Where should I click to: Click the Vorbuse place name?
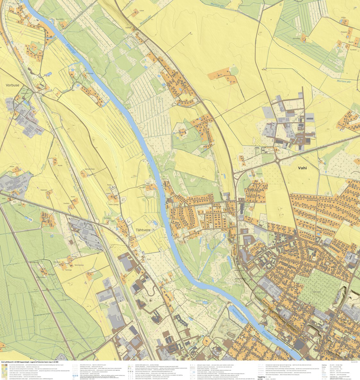coord(13,85)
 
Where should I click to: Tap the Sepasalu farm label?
coord(44,190)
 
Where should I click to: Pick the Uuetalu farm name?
coord(66,203)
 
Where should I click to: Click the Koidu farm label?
coord(73,197)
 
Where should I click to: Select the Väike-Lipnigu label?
coord(113,204)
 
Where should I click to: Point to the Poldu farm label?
coord(109,185)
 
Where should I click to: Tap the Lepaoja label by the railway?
coord(128,28)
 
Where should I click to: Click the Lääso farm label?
coord(133,10)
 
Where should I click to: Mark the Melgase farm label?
coord(344,32)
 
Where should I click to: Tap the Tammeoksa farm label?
coord(79,265)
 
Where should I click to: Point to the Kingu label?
coord(148,259)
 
